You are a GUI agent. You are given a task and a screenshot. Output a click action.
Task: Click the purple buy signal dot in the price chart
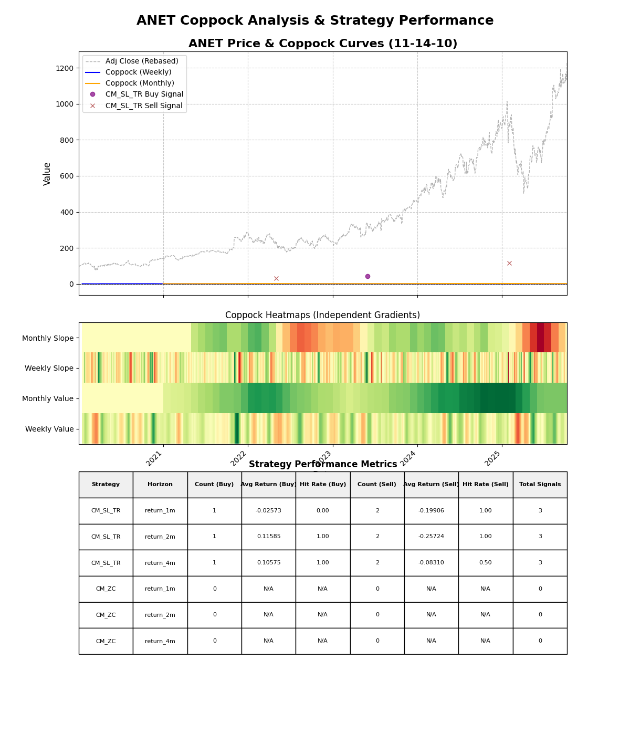click(x=367, y=276)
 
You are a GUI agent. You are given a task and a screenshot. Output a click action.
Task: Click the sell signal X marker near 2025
click(x=509, y=263)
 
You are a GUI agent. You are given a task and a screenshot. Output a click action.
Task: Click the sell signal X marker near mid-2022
click(x=276, y=278)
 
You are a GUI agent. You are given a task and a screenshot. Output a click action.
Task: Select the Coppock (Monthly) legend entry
click(x=140, y=83)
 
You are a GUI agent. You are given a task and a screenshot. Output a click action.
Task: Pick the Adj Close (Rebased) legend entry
click(x=142, y=61)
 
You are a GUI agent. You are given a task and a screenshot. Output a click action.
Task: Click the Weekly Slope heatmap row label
click(x=49, y=368)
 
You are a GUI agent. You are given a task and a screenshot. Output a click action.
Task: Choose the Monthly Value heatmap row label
click(x=48, y=398)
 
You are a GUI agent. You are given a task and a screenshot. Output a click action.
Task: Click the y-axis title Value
click(x=47, y=173)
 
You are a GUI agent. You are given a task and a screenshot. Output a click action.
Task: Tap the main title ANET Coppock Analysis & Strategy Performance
click(x=315, y=20)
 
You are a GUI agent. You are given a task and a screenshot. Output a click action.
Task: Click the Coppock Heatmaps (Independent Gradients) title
click(x=322, y=315)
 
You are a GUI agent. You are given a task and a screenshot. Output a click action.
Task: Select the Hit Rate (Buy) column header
click(x=323, y=485)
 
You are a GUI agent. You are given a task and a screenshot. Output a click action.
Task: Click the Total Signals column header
click(x=540, y=485)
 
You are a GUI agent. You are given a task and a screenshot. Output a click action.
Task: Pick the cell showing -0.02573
click(x=268, y=511)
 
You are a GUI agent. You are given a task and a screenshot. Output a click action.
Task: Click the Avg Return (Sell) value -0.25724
click(x=431, y=537)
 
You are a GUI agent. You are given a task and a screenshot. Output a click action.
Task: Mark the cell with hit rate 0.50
click(x=486, y=563)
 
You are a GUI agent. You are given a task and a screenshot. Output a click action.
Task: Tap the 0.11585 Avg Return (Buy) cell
click(x=268, y=537)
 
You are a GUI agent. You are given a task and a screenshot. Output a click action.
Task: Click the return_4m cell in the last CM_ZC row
click(x=160, y=641)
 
